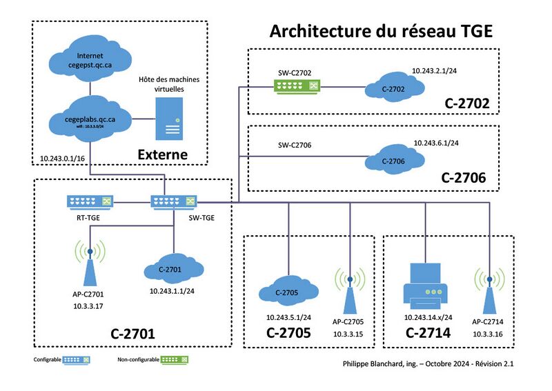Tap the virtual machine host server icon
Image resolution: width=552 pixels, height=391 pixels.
click(x=168, y=118)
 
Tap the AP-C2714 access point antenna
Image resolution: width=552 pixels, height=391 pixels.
click(x=489, y=289)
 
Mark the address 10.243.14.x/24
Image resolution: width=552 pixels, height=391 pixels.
click(x=428, y=318)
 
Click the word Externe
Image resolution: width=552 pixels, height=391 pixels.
click(x=164, y=154)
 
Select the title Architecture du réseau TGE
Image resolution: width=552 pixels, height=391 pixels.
click(x=382, y=32)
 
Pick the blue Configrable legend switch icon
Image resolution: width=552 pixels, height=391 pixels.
click(x=77, y=359)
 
